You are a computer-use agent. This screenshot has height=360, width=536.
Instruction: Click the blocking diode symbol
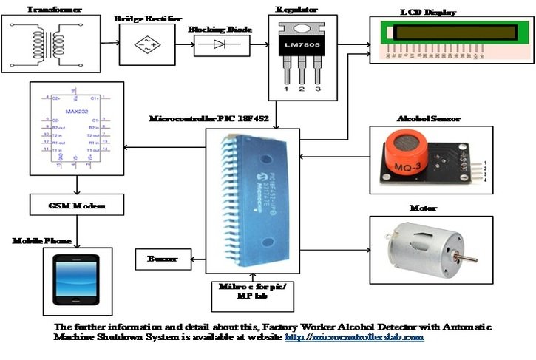(x=220, y=46)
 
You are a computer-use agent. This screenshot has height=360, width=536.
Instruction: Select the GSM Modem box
(x=77, y=205)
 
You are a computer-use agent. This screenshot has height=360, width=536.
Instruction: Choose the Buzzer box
(x=160, y=259)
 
